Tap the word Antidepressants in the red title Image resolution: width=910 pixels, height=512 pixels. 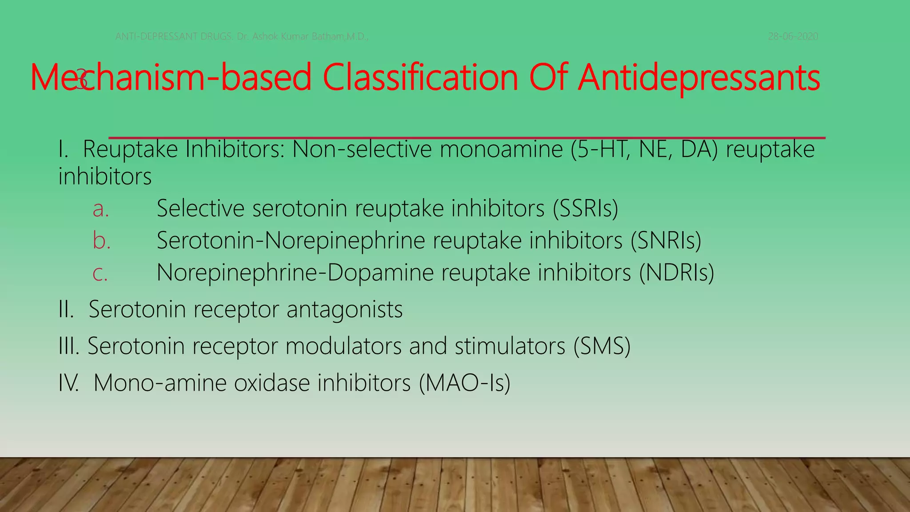click(x=699, y=78)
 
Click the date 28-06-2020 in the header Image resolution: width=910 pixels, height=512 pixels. click(x=793, y=36)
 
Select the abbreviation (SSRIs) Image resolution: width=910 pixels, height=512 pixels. click(x=586, y=208)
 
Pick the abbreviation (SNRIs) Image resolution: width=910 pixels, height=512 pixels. click(x=666, y=240)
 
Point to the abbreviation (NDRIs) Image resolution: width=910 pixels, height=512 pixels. click(x=676, y=272)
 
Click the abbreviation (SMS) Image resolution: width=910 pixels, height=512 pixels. click(x=602, y=346)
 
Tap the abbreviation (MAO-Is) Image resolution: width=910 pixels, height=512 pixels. click(x=464, y=383)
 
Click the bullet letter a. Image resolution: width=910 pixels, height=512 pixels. click(x=100, y=209)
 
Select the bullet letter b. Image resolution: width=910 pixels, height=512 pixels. click(x=101, y=240)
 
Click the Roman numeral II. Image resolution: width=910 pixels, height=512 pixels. click(x=66, y=309)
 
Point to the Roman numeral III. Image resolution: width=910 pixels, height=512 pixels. click(x=68, y=346)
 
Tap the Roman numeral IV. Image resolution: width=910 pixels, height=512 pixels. click(x=68, y=383)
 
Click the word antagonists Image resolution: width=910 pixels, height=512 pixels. click(x=344, y=309)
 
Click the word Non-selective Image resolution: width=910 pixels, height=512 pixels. click(x=362, y=149)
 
